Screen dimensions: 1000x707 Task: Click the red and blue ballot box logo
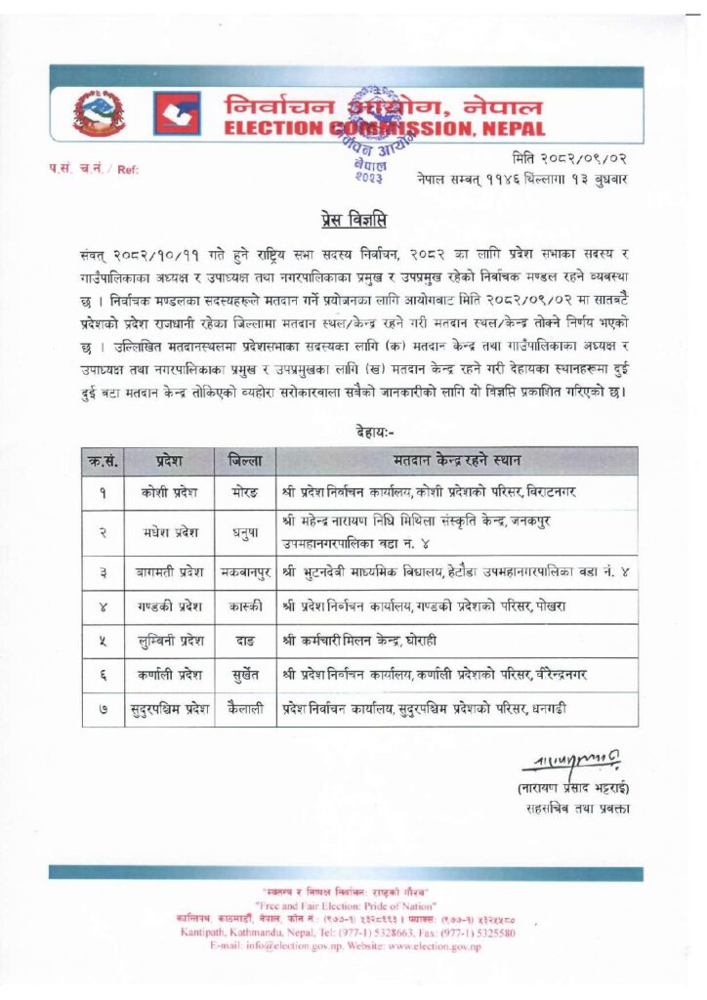pos(177,113)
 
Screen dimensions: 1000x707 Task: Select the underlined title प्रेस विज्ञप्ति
pos(353,215)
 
